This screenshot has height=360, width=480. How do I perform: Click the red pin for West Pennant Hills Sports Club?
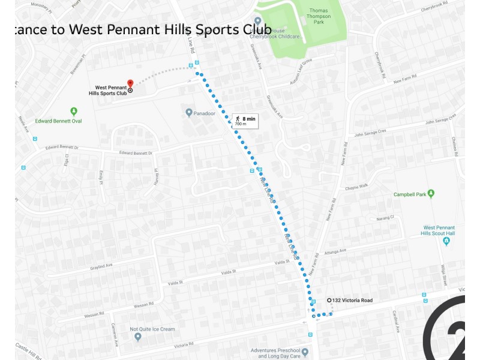130,83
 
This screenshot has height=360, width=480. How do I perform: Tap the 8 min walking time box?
245,121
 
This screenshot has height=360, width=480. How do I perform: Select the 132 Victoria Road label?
353,300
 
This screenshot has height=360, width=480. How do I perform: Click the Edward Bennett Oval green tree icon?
74,111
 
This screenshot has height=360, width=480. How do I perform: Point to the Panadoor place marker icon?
188,112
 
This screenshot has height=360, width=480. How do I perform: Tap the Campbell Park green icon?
431,193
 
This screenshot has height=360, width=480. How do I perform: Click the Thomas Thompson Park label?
320,16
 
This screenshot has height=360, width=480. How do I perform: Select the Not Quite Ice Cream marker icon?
137,337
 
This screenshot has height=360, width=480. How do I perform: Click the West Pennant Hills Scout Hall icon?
446,241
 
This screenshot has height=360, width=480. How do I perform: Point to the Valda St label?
229,272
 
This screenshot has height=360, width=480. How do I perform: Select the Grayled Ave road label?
101,266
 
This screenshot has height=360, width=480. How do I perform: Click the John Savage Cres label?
370,132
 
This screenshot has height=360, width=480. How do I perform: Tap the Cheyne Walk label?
356,187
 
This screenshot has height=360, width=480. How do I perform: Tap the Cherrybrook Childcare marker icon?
258,21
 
